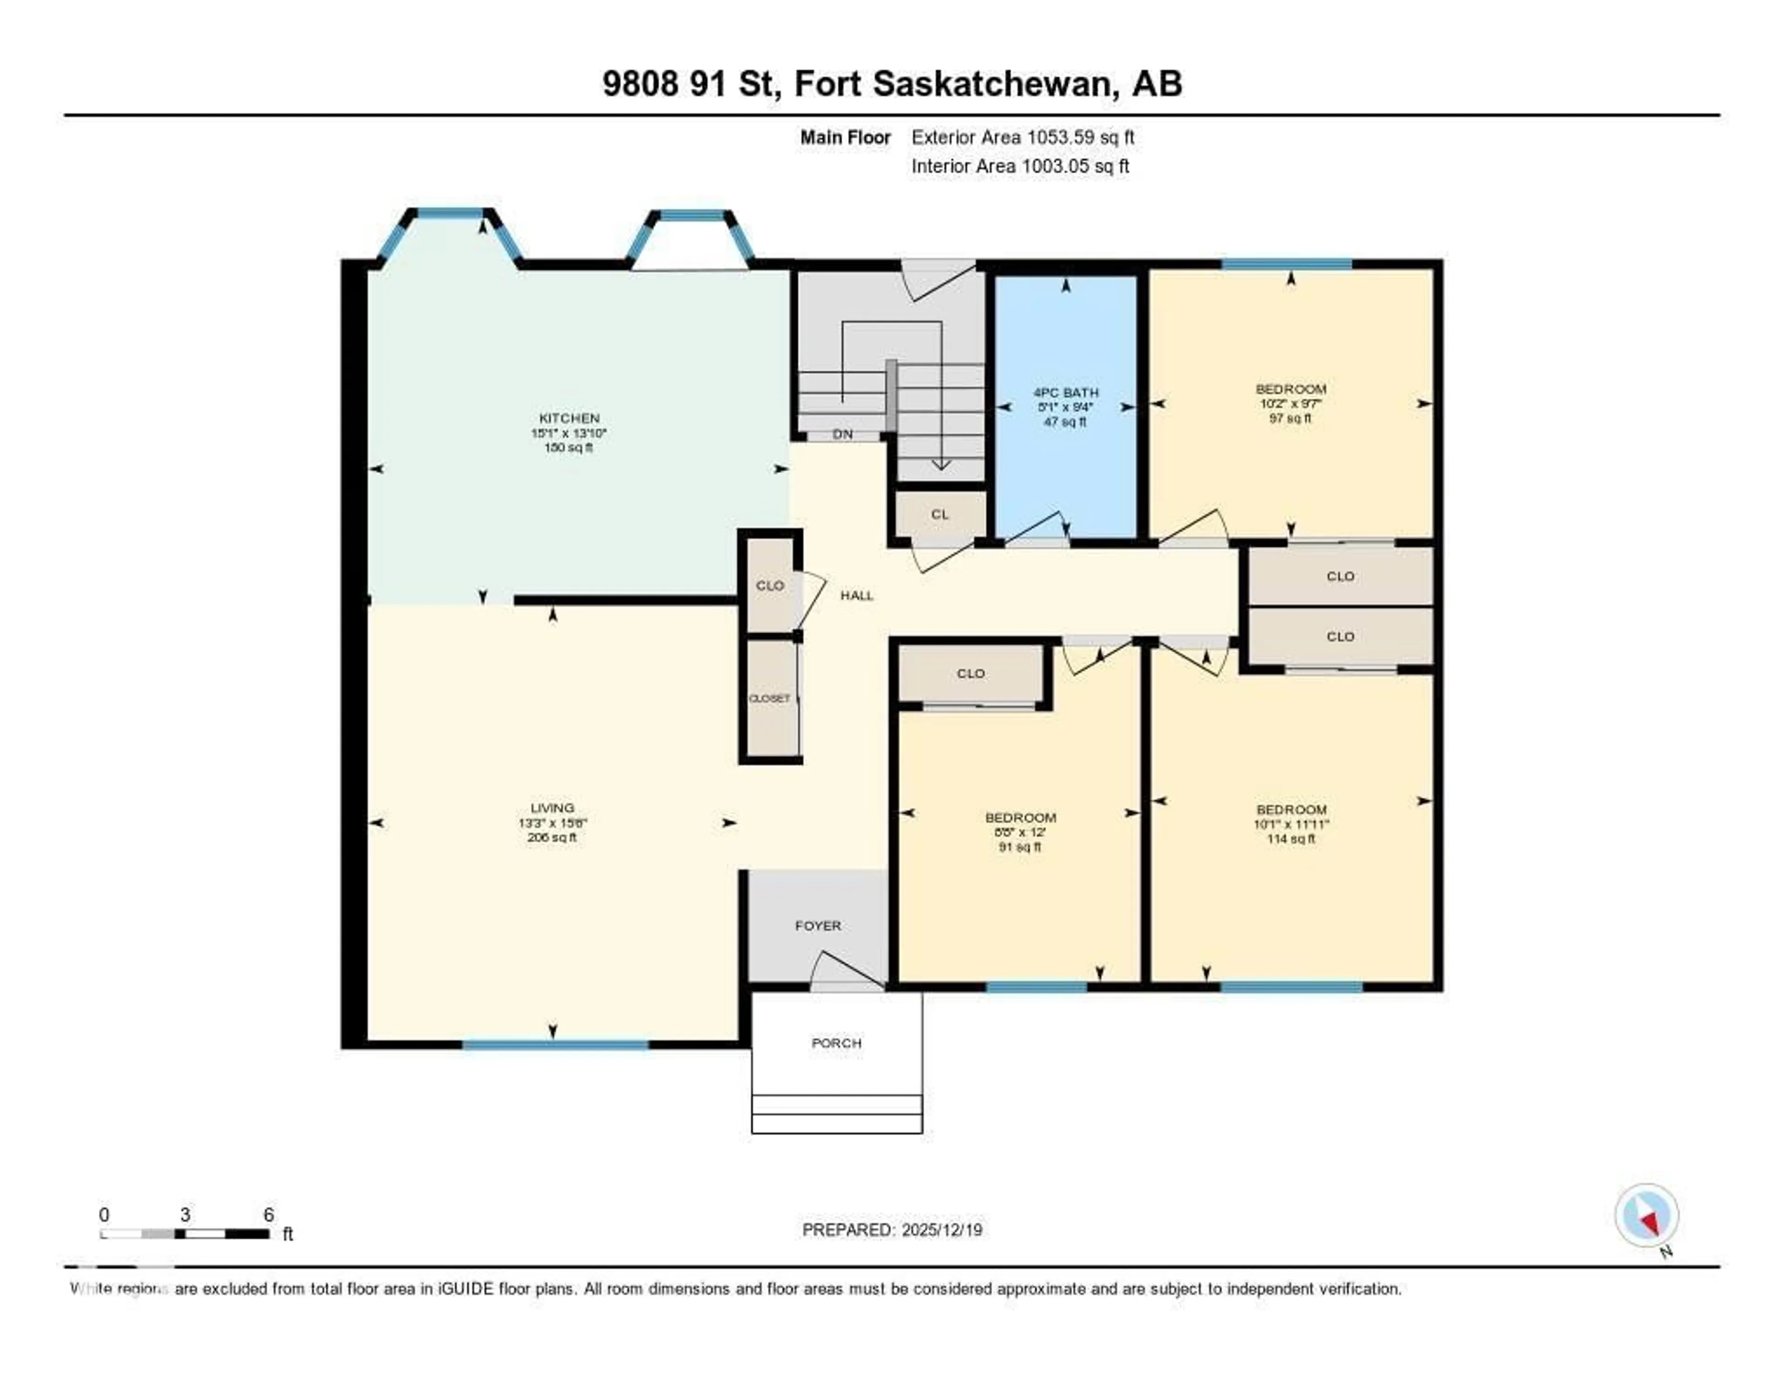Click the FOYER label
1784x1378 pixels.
tap(818, 925)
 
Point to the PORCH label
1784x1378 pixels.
tap(836, 1043)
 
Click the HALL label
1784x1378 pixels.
tap(857, 596)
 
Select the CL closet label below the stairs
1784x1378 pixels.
tap(939, 515)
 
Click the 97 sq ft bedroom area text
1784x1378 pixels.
tap(1291, 418)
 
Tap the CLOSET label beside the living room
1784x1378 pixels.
tap(769, 698)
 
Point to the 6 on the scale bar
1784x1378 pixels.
tap(268, 1214)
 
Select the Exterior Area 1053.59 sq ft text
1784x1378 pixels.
tap(1023, 137)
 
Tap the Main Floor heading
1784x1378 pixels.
tap(845, 137)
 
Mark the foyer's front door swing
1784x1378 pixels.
tap(850, 972)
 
